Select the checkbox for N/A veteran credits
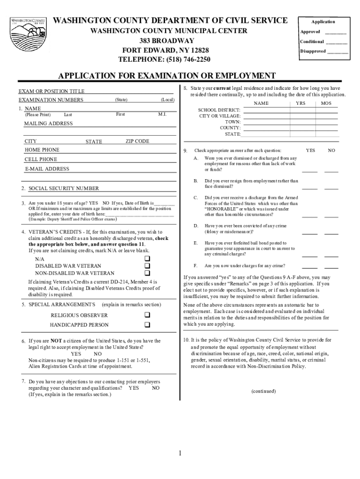(147, 259)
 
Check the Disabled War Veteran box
(147, 266)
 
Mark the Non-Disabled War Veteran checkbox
(147, 273)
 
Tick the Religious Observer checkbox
(147, 315)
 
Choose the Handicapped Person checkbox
(147, 325)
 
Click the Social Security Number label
(64, 189)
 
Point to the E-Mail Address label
(47, 169)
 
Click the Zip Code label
(137, 141)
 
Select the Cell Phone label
(41, 160)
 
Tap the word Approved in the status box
(310, 32)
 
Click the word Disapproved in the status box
(313, 51)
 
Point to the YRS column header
(300, 103)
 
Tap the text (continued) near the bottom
(263, 391)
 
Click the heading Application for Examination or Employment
(166, 76)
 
